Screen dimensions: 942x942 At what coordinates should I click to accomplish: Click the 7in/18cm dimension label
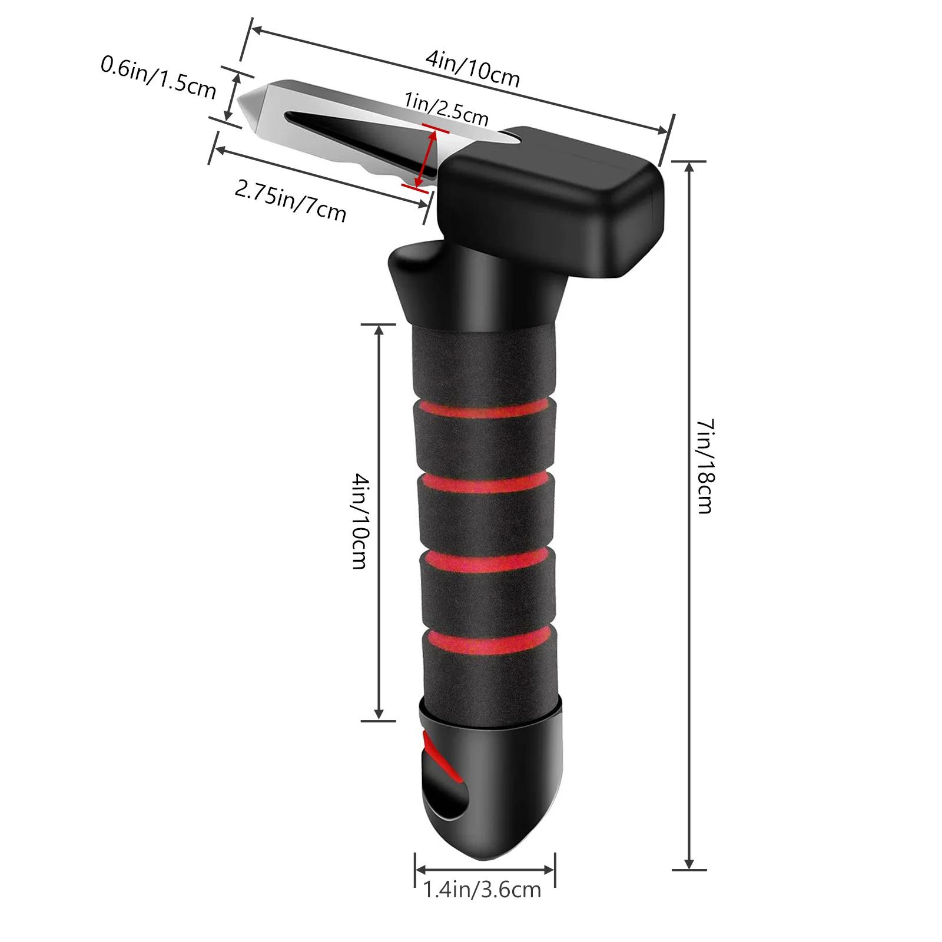[x=705, y=465]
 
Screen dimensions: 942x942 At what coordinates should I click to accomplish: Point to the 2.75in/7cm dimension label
[x=290, y=201]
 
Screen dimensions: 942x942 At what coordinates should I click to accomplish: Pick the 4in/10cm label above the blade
[x=473, y=69]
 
